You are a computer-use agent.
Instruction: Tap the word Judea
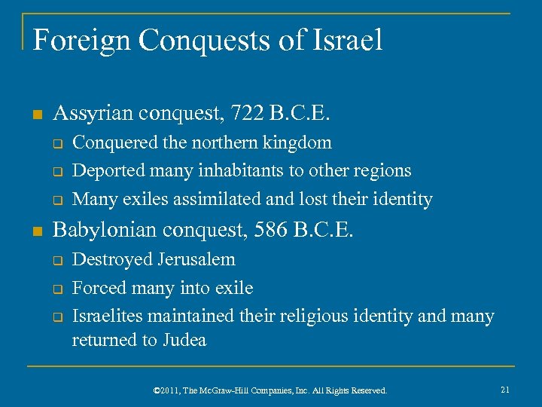(182, 340)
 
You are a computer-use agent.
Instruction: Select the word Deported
(105, 171)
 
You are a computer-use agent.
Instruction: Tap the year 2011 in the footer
(171, 390)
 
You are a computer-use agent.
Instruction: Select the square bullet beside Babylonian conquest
(37, 231)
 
